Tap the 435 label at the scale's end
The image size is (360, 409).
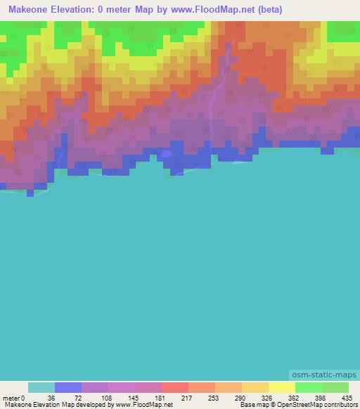point(347,397)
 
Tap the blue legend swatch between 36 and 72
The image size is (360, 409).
point(68,387)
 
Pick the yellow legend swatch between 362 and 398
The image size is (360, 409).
point(282,387)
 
